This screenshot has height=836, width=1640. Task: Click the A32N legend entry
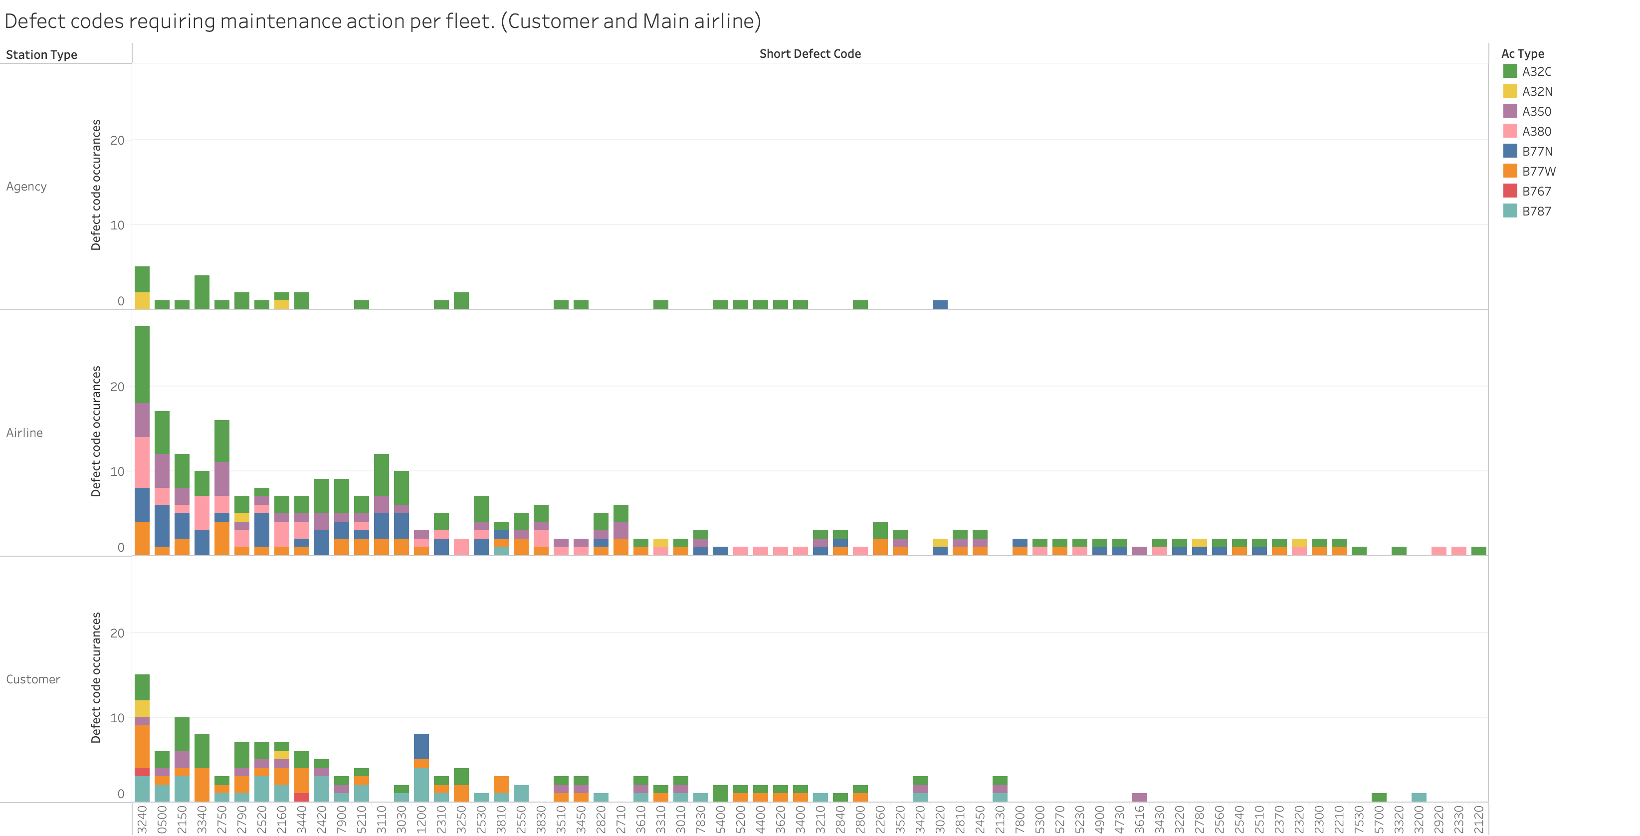[1536, 92]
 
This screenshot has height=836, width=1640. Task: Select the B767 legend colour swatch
[1509, 191]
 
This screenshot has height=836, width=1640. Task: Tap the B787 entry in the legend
[1536, 211]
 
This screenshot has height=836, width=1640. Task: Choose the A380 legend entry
[1536, 132]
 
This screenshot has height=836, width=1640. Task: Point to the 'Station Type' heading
[41, 55]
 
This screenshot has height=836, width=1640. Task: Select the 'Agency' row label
[26, 187]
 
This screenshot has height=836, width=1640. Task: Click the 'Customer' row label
[33, 679]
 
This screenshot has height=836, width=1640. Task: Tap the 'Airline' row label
[24, 433]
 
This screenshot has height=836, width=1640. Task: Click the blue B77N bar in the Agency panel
[940, 304]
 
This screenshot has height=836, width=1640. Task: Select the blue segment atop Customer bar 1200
[421, 746]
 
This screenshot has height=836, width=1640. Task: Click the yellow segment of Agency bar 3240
[142, 300]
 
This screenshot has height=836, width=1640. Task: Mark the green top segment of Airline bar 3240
[142, 364]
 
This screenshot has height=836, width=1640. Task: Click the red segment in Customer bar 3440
[302, 797]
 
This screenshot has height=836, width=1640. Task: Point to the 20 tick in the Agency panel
[117, 141]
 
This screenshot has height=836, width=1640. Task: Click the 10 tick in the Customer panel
[117, 718]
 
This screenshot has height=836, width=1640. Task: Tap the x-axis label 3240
[142, 820]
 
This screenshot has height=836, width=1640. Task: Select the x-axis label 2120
[1478, 820]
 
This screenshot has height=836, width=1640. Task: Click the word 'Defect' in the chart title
[32, 21]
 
